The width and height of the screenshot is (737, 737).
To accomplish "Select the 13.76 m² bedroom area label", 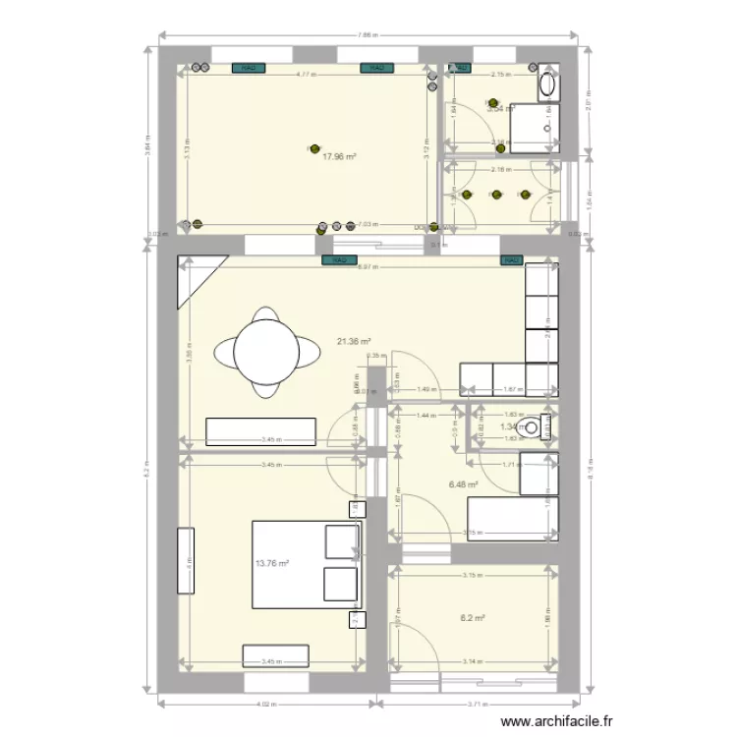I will pos(272,564).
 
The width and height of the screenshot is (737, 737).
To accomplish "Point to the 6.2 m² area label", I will pos(473,618).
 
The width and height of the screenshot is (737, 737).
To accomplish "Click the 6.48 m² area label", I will pos(463,484).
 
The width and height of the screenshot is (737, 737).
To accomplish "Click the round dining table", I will pos(266,352).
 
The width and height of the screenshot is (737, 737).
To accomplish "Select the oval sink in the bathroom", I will pos(547,85).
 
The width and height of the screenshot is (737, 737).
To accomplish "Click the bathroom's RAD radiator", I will pos(460,68).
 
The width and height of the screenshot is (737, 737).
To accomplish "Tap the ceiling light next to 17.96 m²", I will pos(315,149).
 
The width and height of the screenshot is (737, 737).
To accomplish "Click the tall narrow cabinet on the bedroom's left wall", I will pos(185,561).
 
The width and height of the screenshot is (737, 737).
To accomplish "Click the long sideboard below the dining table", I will pos(260,431).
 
